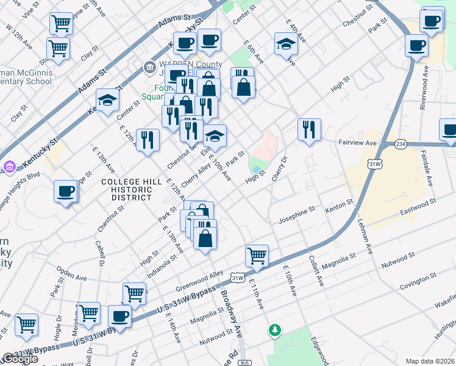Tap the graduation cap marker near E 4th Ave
point(286,43)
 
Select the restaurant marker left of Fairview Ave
point(309,129)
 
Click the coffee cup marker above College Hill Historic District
point(66,192)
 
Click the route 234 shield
point(400,144)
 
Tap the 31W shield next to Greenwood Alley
point(237,278)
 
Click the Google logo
point(20,359)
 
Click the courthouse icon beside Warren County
point(149,66)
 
